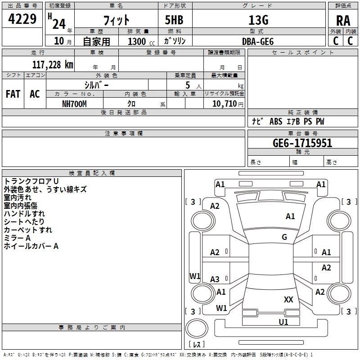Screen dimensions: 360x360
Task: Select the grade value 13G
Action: coord(258,20)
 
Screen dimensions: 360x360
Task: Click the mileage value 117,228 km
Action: coord(53,64)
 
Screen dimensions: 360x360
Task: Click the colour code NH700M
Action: coord(74,103)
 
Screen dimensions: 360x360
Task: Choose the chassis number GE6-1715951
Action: coord(302,143)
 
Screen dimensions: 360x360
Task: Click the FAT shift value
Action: coord(13,94)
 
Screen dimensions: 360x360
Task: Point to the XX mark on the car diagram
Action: coord(288,299)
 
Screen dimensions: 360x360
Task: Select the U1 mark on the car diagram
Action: coord(283,322)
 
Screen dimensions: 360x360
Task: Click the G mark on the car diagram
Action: coord(284,237)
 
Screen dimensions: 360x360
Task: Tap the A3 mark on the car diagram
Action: coord(215,279)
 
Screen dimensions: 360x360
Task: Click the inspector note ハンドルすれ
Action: coord(24,214)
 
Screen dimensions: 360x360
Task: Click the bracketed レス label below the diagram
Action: coord(196,344)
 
